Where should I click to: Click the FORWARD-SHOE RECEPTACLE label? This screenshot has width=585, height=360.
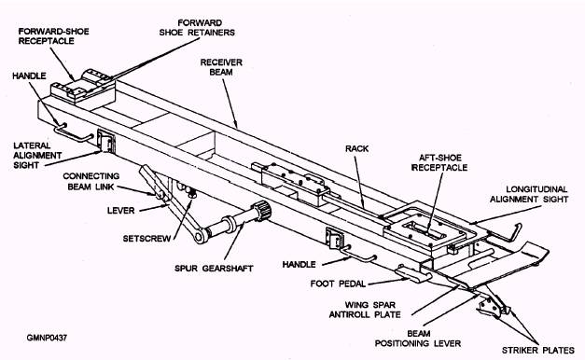pyautogui.click(x=54, y=36)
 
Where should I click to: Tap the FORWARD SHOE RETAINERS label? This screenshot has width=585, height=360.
pyautogui.click(x=197, y=28)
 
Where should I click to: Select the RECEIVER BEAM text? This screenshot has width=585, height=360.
pyautogui.click(x=221, y=67)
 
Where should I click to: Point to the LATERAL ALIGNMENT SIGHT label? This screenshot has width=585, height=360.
pyautogui.click(x=37, y=155)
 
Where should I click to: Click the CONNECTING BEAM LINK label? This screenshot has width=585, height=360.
pyautogui.click(x=91, y=181)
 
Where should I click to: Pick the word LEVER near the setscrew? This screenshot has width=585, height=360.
pyautogui.click(x=121, y=211)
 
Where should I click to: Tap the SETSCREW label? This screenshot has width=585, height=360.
pyautogui.click(x=146, y=238)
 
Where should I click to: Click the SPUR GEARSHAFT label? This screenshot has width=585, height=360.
pyautogui.click(x=214, y=269)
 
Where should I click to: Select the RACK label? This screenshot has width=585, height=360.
pyautogui.click(x=357, y=148)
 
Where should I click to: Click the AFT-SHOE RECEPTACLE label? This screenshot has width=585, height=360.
pyautogui.click(x=439, y=162)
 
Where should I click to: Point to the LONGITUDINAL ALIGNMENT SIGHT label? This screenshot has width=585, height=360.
pyautogui.click(x=529, y=194)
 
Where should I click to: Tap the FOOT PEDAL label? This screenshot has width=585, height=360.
pyautogui.click(x=338, y=284)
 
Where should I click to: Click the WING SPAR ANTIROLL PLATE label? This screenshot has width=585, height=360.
pyautogui.click(x=365, y=310)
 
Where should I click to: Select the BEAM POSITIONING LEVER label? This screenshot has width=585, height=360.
pyautogui.click(x=418, y=339)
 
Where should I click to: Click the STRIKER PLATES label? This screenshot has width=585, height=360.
pyautogui.click(x=538, y=351)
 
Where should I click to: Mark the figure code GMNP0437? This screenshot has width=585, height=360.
pyautogui.click(x=47, y=338)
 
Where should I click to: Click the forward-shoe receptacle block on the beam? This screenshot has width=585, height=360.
pyautogui.click(x=83, y=89)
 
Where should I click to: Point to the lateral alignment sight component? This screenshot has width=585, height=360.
pyautogui.click(x=106, y=141)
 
